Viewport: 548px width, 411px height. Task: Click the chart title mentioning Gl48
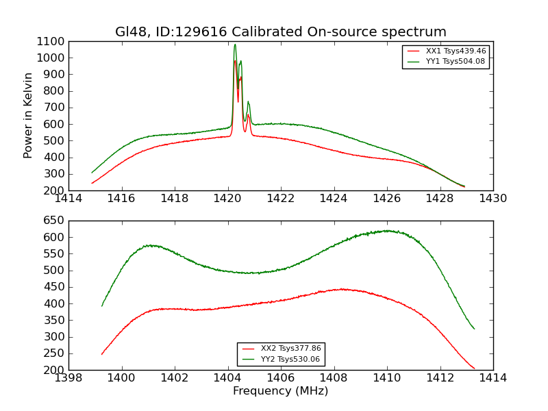(x=281, y=32)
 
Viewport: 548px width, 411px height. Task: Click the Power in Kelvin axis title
(x=29, y=115)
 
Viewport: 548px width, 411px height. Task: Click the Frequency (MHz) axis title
(x=281, y=391)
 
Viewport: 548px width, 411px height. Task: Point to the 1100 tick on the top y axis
(x=52, y=41)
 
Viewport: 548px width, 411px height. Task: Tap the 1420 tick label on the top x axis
(x=228, y=199)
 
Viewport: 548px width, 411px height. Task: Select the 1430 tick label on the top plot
(x=493, y=199)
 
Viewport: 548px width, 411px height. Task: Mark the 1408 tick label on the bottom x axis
(x=334, y=378)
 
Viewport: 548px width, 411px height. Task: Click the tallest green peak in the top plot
(x=235, y=45)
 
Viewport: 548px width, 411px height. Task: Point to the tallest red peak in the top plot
(x=235, y=61)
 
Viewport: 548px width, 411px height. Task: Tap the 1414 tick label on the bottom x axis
(x=493, y=378)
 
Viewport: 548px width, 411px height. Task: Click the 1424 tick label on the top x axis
(x=334, y=199)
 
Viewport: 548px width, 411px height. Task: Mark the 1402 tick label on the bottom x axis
(x=175, y=378)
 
